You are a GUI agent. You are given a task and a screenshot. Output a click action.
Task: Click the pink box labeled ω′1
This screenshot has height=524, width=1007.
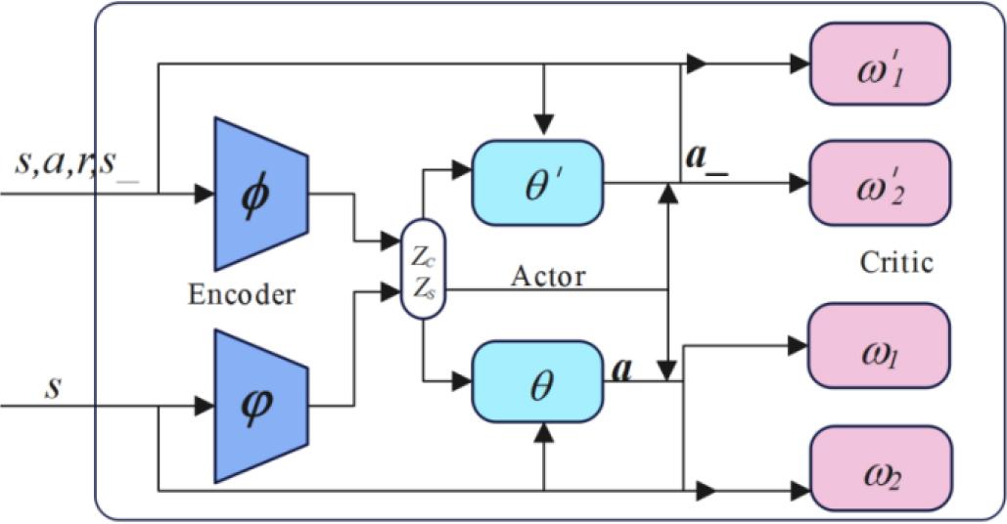coord(879,64)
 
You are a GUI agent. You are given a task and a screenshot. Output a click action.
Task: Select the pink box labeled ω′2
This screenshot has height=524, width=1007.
coord(879,183)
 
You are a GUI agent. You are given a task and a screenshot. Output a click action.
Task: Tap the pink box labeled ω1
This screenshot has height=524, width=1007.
coord(878,346)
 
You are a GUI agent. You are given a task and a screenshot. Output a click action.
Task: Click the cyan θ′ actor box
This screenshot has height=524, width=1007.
coord(537,181)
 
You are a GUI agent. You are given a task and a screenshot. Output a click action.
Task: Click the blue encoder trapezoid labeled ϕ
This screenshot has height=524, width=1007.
coord(259,194)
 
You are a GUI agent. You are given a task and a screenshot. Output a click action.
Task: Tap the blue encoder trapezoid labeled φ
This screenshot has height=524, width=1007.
coord(259,404)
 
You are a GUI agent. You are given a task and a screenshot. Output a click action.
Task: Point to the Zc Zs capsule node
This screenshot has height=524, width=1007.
coord(423,269)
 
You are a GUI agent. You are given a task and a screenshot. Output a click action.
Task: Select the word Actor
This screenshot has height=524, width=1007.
coord(548,276)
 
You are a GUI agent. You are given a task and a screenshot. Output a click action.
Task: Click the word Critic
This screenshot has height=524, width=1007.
coord(895,262)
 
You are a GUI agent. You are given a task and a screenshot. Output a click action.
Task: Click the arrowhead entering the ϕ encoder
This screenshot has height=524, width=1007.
coord(203,194)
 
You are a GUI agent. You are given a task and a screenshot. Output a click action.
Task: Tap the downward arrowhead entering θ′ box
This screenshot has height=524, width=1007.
coord(543,125)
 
